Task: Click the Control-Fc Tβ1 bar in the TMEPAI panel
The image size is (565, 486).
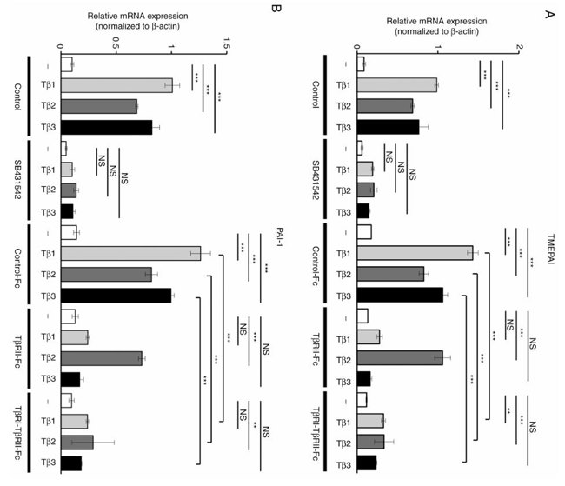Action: [x=415, y=253]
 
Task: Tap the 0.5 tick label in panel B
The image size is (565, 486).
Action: [x=115, y=39]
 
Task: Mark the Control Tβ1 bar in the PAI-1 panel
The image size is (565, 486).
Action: [x=116, y=85]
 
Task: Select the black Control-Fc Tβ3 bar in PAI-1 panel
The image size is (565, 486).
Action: [x=116, y=295]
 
